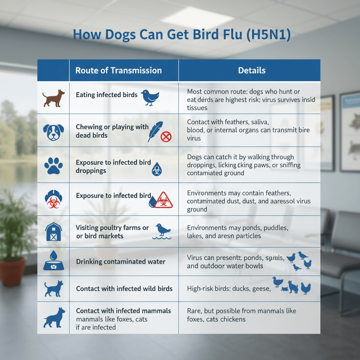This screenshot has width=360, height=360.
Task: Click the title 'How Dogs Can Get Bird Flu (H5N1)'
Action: [x=181, y=36]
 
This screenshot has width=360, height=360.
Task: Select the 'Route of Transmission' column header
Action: [x=118, y=70]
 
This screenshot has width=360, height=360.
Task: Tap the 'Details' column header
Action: [x=252, y=70]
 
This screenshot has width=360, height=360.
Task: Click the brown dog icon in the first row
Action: [x=53, y=98]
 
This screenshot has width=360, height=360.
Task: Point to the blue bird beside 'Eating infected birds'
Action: [x=150, y=97]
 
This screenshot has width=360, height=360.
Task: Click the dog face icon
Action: [x=53, y=131]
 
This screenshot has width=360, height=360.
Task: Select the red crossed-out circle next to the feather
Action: [x=166, y=137]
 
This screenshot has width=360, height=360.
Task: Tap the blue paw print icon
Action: [x=53, y=166]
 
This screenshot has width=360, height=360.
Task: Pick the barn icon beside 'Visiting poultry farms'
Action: [x=53, y=232]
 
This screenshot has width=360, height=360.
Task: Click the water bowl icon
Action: [x=53, y=262]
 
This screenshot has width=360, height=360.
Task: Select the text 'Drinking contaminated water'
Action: [x=121, y=262]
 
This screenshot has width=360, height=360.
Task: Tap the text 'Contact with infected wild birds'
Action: [x=124, y=289]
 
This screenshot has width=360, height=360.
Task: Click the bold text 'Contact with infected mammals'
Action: [x=123, y=311]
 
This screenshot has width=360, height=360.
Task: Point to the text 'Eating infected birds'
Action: [x=107, y=95]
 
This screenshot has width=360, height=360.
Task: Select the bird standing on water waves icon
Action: [x=162, y=231]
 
